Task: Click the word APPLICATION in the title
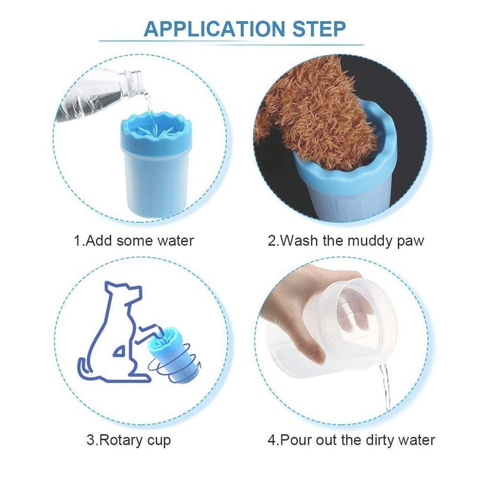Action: coord(214,29)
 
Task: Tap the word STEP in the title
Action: coord(319,29)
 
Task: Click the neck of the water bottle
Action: coord(133,81)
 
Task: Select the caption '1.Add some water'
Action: coord(134,240)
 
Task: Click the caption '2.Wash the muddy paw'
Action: coord(346,241)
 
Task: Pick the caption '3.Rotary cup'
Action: coord(129,440)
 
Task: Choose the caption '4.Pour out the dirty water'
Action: coord(351,440)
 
